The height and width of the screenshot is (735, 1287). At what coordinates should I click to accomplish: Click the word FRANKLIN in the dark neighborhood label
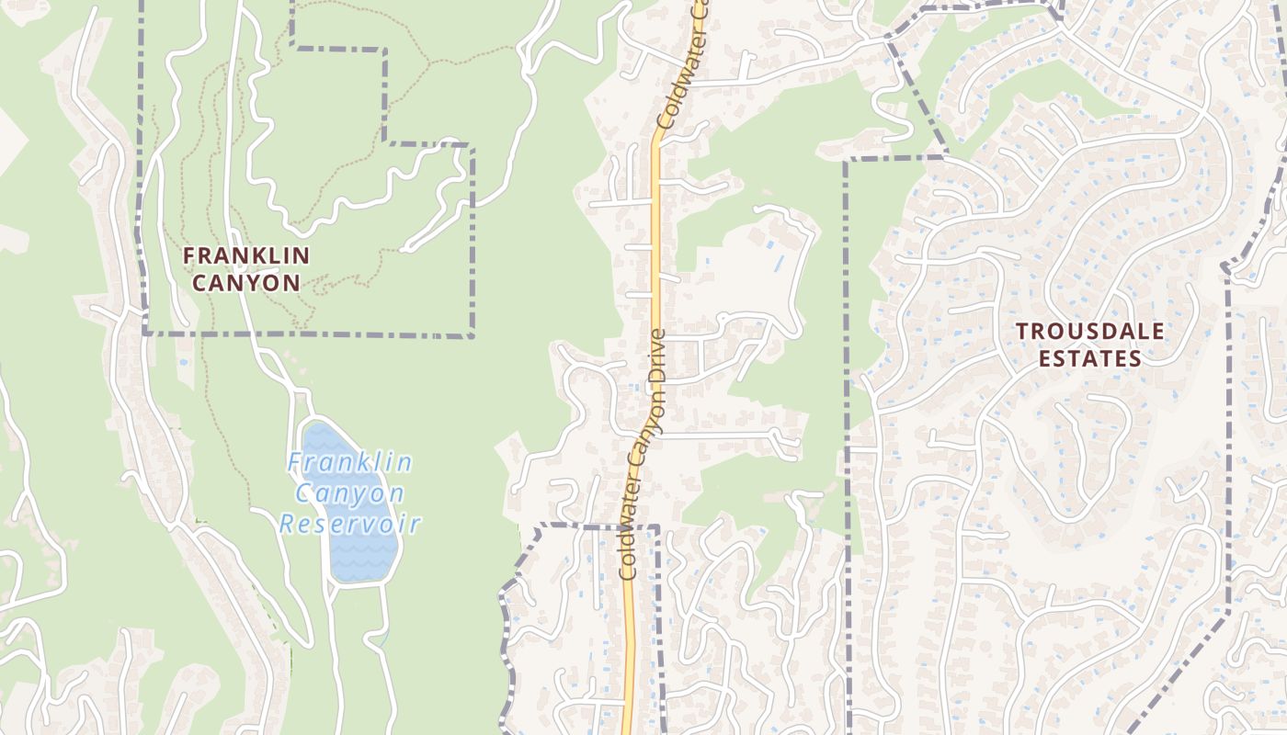click(245, 255)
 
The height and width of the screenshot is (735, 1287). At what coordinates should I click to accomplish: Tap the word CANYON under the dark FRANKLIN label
click(245, 282)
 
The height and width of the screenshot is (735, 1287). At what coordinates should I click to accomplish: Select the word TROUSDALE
click(1089, 331)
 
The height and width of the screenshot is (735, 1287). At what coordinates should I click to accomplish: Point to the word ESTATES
click(1089, 358)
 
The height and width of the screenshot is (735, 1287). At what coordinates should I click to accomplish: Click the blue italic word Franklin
click(349, 462)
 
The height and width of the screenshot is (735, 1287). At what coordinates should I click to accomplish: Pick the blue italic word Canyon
click(349, 493)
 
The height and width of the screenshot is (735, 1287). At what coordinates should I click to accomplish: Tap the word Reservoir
click(349, 525)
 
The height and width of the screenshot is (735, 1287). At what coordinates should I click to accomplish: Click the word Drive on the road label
click(657, 353)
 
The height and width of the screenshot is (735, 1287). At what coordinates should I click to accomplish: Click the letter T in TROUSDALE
click(1021, 331)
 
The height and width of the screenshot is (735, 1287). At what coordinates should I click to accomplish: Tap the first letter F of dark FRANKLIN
click(189, 255)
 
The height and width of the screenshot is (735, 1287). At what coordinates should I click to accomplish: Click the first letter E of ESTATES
click(1045, 358)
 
